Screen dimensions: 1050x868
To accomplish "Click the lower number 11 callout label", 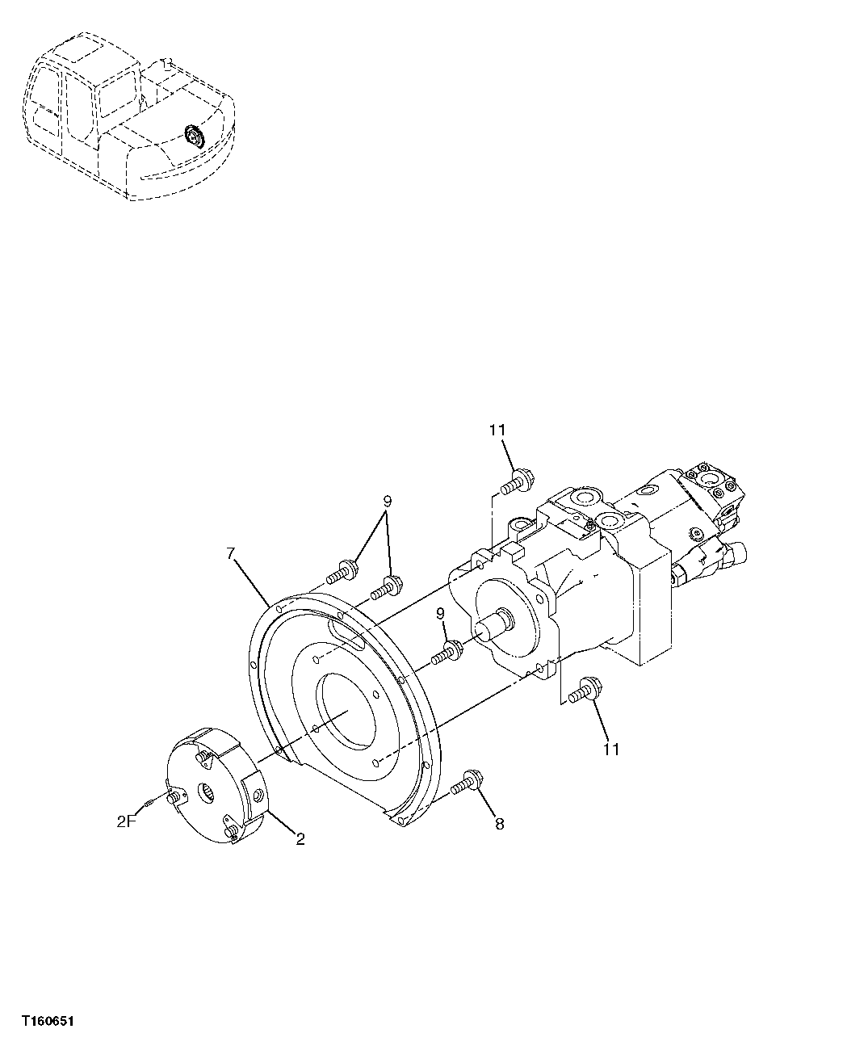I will [610, 750].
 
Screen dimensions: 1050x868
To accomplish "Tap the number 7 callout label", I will [231, 553].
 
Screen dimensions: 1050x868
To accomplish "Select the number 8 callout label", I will [499, 824].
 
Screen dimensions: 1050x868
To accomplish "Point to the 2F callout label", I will [126, 823].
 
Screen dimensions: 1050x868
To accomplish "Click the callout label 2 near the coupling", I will [300, 840].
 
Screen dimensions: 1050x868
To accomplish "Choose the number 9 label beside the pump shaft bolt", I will [441, 615].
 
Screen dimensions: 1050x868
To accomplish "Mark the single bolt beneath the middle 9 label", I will [446, 653].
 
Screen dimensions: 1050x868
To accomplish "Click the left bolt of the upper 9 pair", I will [342, 571].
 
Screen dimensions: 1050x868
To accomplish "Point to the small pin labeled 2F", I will [150, 803].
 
